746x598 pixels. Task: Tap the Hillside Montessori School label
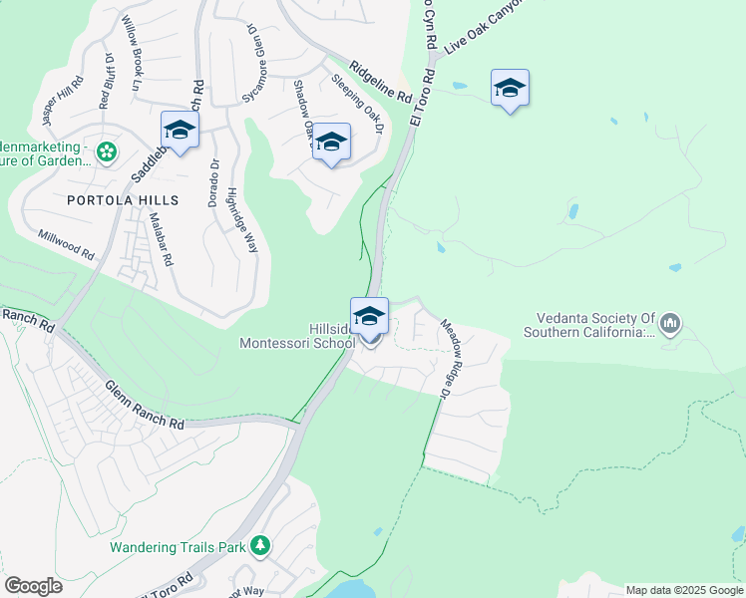[297, 336]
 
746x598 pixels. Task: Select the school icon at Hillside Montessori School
[369, 317]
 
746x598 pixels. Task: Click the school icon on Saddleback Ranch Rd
[180, 130]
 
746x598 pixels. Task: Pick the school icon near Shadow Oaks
[331, 144]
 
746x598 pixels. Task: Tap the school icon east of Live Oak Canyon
[510, 89]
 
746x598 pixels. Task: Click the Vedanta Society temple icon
[670, 323]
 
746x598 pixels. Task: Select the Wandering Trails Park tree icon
[260, 545]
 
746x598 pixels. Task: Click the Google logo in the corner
[33, 586]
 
